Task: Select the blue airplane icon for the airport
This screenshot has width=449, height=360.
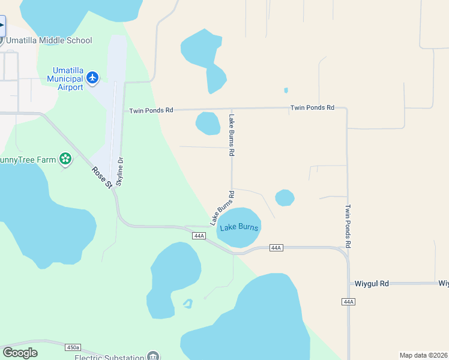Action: pyautogui.click(x=92, y=77)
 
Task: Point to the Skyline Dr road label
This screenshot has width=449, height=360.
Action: pyautogui.click(x=119, y=171)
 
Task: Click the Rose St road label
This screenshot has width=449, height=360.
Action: pyautogui.click(x=102, y=177)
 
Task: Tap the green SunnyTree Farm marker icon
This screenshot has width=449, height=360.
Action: pyautogui.click(x=65, y=160)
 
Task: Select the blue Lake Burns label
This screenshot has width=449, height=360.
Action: pyautogui.click(x=239, y=227)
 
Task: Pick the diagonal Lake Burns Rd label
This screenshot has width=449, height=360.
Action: pyautogui.click(x=221, y=208)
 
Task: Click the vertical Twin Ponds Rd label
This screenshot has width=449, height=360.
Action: pyautogui.click(x=348, y=226)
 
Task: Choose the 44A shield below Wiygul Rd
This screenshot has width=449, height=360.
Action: pyautogui.click(x=349, y=301)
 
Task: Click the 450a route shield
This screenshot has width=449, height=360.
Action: pyautogui.click(x=73, y=347)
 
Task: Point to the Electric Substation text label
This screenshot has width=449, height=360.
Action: pyautogui.click(x=110, y=357)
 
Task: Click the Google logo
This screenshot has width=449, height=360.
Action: pyautogui.click(x=20, y=353)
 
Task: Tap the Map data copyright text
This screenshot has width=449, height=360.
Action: pyautogui.click(x=423, y=355)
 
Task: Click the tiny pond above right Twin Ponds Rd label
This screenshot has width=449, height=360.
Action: pyautogui.click(x=286, y=91)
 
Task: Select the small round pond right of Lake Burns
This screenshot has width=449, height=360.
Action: pyautogui.click(x=285, y=197)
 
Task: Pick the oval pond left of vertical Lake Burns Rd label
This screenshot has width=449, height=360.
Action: pyautogui.click(x=208, y=124)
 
